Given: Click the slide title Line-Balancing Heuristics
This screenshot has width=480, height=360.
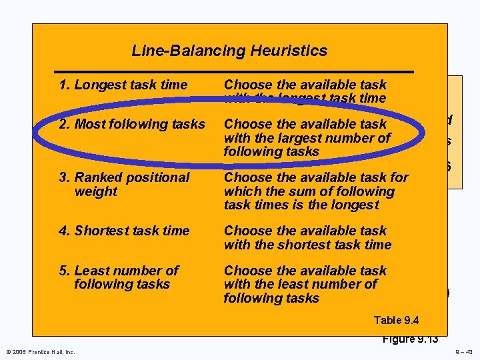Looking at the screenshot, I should point(229,51).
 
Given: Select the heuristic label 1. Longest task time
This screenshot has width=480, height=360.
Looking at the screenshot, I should point(123,85).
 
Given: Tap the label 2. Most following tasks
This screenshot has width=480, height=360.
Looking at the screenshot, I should point(132,124).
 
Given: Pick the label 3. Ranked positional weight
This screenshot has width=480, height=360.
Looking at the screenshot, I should point(124,184).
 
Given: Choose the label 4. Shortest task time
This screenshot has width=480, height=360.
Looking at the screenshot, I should point(124,231).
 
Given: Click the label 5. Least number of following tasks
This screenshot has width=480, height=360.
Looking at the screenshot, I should point(119,277).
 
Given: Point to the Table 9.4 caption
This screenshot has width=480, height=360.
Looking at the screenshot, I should point(397,320).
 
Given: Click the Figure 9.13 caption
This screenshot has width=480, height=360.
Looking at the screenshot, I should point(410,339).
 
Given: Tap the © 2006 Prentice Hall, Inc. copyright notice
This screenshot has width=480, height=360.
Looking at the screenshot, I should point(41,352).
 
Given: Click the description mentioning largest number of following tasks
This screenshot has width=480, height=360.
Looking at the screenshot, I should point(307,137).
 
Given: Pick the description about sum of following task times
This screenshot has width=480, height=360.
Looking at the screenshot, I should point(316,191).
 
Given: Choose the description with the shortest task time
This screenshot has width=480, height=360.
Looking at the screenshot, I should point(307,237).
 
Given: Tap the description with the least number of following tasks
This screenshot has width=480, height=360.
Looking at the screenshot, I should point(305,284).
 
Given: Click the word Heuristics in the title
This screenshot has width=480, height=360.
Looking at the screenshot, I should point(293,51).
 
